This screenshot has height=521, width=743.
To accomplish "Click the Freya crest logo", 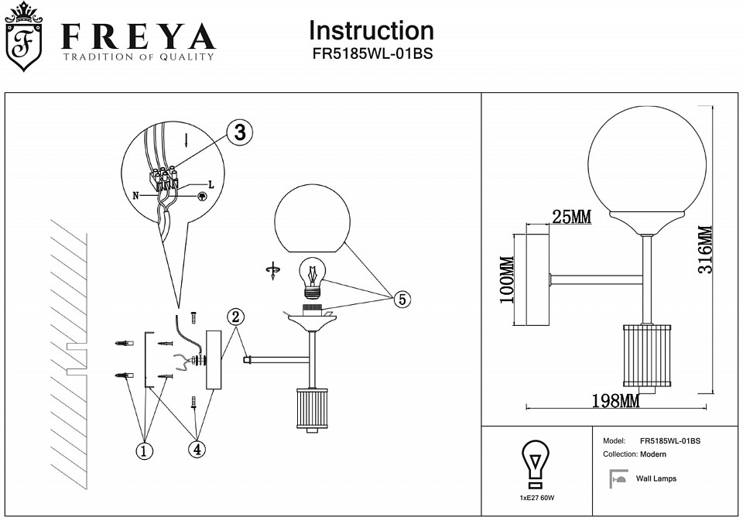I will (x=24, y=38).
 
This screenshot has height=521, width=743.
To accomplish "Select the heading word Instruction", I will (x=371, y=31).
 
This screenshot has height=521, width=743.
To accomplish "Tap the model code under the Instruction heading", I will (x=371, y=55).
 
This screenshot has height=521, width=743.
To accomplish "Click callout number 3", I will (x=240, y=132).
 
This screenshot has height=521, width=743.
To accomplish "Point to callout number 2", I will (x=236, y=317).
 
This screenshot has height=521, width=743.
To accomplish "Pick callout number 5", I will (x=402, y=300).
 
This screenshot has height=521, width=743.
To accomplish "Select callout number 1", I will (x=143, y=451).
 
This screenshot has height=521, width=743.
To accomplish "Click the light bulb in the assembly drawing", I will (x=313, y=276).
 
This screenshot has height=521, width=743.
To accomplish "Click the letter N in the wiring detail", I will (x=136, y=197).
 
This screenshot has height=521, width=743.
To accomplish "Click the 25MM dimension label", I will (x=572, y=218).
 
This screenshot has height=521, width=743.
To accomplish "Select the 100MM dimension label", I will (x=507, y=280).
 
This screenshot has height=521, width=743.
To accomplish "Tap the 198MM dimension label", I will (x=616, y=401).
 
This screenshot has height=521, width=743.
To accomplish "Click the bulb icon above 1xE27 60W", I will (x=536, y=463).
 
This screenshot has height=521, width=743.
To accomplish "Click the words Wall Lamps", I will (x=656, y=479).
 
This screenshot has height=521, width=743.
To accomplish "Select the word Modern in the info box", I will (x=653, y=454).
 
